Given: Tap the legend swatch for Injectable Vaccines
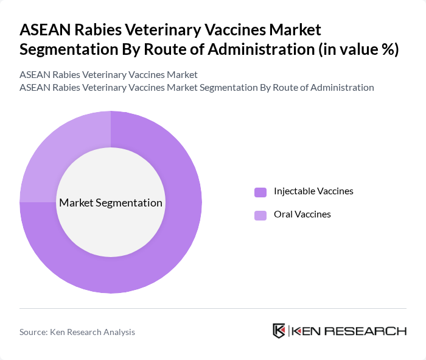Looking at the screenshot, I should [260, 192].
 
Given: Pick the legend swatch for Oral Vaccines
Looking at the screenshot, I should [260, 215].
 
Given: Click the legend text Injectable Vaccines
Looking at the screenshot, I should [313, 191].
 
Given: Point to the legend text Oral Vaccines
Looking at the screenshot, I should [302, 214].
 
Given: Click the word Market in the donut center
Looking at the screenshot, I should [76, 203].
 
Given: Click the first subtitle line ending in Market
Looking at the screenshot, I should [108, 74].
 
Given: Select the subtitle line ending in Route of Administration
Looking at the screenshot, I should [197, 88].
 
